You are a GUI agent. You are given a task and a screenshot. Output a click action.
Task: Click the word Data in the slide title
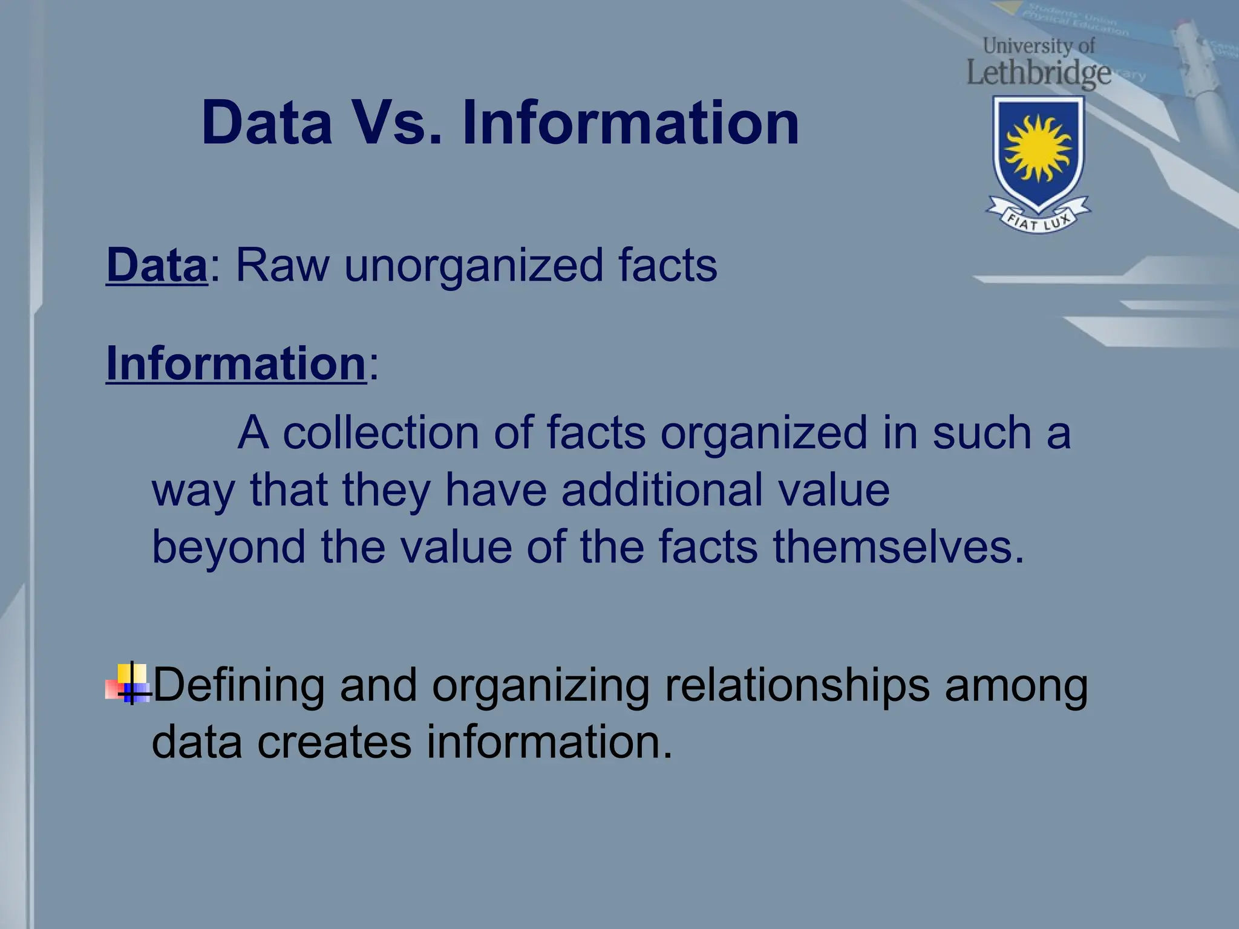tap(267, 123)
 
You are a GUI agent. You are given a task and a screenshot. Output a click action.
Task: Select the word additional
tap(662, 489)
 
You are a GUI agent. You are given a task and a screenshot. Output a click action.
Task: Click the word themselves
tap(898, 547)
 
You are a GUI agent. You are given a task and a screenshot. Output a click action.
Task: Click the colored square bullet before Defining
tap(129, 684)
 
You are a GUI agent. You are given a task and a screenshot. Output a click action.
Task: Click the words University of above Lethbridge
tap(1039, 45)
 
